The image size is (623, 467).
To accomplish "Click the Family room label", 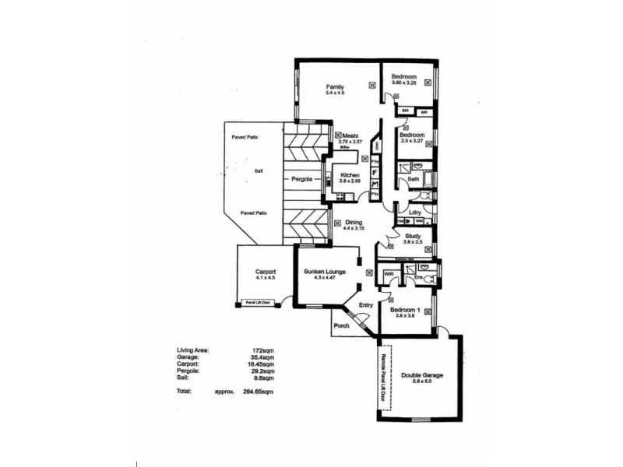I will click(x=336, y=86).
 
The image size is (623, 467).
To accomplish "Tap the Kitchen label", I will click(x=350, y=176).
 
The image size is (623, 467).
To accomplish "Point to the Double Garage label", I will click(x=422, y=375).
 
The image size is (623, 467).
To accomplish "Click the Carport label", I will click(x=266, y=272).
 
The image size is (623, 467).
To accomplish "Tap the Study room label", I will click(x=414, y=236).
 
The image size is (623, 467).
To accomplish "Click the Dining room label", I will click(x=354, y=223).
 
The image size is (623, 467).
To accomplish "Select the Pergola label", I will click(x=302, y=179).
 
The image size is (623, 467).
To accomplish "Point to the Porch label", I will click(x=341, y=325).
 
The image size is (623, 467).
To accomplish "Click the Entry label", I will click(x=366, y=305).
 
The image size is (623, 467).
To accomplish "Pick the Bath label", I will click(x=414, y=180).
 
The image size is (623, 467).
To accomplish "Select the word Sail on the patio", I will click(x=259, y=170).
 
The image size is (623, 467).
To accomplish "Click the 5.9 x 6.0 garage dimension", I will click(x=422, y=381).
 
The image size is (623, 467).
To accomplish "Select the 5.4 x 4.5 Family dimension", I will click(x=336, y=93).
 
